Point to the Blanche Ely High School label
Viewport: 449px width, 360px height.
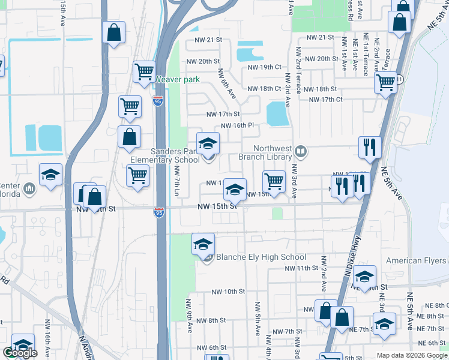pos(261,257)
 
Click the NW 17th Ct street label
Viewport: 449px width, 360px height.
pos(323,99)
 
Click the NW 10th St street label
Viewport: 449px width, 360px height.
pos(228,292)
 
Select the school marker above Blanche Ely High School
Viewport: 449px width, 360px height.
pos(203,244)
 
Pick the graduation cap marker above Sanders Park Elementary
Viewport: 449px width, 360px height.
pos(208,143)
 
